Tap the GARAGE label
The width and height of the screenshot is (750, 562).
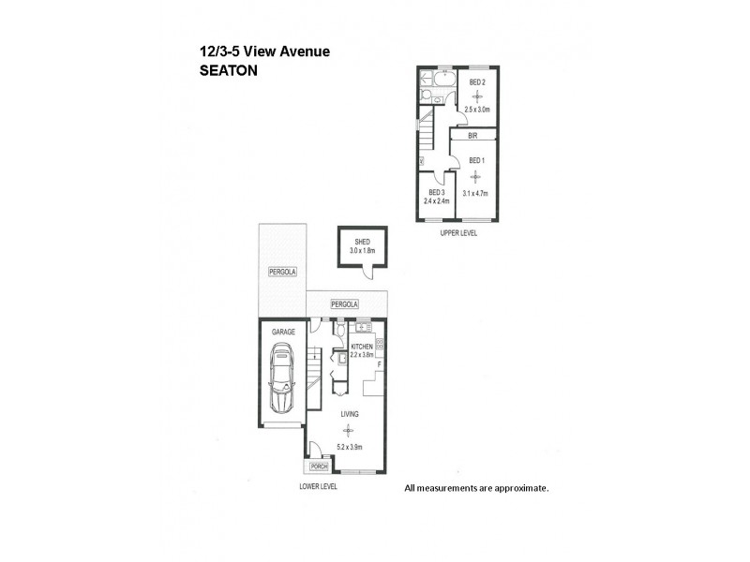pyautogui.click(x=283, y=332)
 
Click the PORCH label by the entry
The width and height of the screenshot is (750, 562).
pyautogui.click(x=318, y=466)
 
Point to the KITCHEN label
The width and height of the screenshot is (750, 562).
pyautogui.click(x=362, y=347)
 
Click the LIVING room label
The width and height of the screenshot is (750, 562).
pyautogui.click(x=348, y=412)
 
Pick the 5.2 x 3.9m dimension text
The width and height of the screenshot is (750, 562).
pyautogui.click(x=348, y=446)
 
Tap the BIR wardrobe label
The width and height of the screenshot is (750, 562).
pyautogui.click(x=474, y=136)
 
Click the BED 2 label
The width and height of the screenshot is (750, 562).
pyautogui.click(x=476, y=81)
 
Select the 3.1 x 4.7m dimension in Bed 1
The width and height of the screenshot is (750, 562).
pyautogui.click(x=476, y=193)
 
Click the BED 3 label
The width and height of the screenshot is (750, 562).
pyautogui.click(x=436, y=192)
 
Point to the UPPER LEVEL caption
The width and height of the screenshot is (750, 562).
pyautogui.click(x=458, y=232)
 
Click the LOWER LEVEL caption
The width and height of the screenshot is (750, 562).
pyautogui.click(x=318, y=486)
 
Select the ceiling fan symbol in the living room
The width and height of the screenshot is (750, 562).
pyautogui.click(x=348, y=430)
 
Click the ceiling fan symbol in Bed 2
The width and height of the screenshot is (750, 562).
pyautogui.click(x=476, y=97)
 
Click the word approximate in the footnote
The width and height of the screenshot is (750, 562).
pyautogui.click(x=521, y=488)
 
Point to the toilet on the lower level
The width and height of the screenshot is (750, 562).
pyautogui.click(x=341, y=332)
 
